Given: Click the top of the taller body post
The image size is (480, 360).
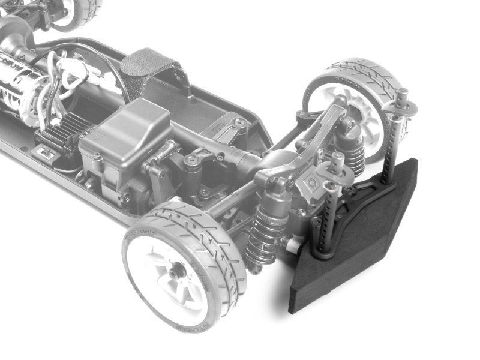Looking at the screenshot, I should coord(402,95).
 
